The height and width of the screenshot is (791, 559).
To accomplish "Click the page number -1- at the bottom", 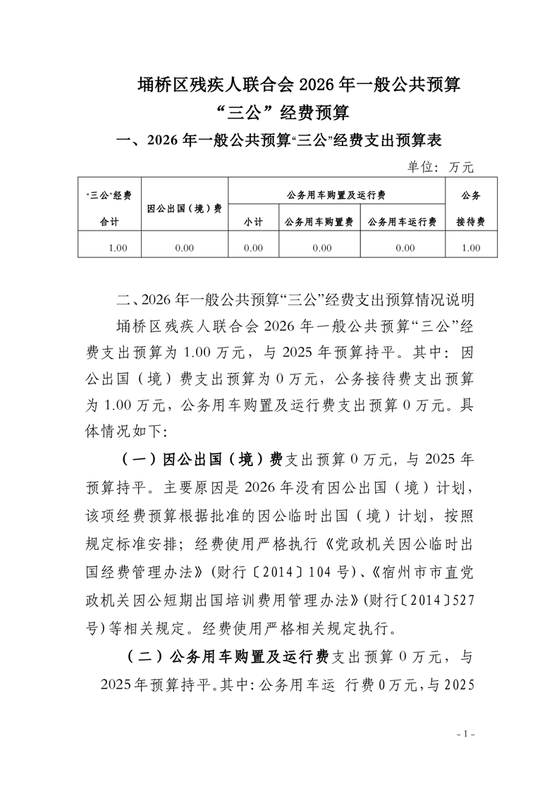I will coord(466,734).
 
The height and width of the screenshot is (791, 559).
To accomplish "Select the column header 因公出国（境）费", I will coord(185,208).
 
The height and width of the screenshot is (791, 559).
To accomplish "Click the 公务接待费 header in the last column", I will coord(470,208).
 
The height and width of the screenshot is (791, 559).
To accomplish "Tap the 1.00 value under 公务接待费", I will coord(470,247).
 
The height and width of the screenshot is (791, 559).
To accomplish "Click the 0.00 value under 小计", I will coord(253,247).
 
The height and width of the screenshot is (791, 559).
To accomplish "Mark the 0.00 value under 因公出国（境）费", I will coord(185,247).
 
